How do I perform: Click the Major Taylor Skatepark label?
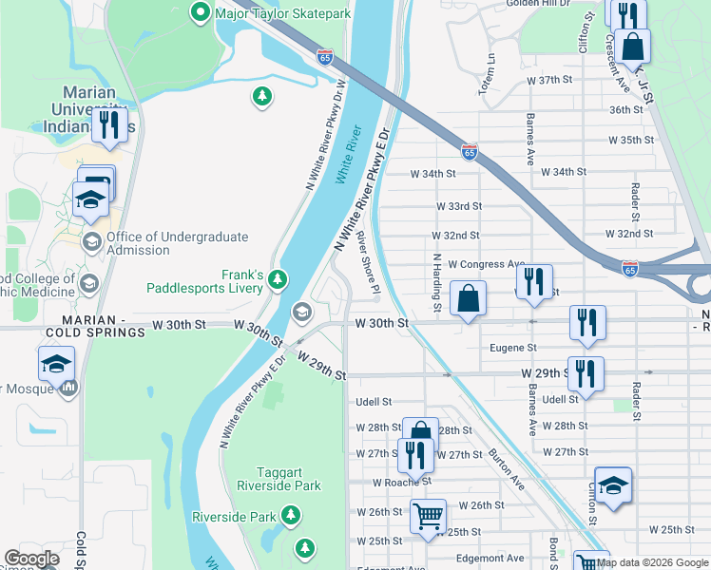(x=283, y=13)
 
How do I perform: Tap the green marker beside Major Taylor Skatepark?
(x=201, y=13)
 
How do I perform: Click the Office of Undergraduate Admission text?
(x=177, y=243)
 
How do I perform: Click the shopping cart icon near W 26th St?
(x=428, y=517)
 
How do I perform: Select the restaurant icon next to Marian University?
(x=109, y=125)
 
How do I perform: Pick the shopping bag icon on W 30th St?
(x=468, y=299)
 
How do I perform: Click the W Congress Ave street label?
(x=486, y=264)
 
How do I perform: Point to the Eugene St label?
(x=513, y=349)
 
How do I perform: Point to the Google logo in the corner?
(x=31, y=559)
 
